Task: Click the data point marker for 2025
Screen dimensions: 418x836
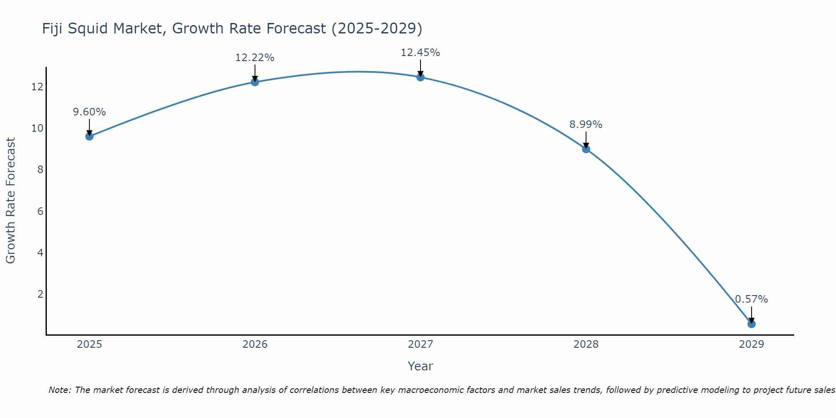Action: pos(89,136)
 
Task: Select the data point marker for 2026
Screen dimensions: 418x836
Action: pos(255,82)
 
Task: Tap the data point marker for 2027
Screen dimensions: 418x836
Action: pos(420,77)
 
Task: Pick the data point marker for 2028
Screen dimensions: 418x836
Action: pos(586,149)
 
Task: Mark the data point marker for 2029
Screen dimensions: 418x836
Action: pos(751,324)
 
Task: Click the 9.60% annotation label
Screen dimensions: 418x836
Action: pos(89,112)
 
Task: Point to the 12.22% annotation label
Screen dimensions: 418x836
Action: pos(255,58)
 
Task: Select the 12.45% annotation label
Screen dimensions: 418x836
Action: pos(420,53)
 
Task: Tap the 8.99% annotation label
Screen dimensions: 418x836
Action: pos(586,125)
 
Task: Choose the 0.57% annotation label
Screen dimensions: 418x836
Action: pos(751,299)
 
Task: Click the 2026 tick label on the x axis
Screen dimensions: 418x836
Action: pos(255,344)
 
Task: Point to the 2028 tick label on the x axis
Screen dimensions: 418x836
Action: pos(586,344)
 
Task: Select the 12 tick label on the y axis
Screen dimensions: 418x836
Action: pos(37,87)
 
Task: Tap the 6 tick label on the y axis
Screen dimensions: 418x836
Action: pos(40,212)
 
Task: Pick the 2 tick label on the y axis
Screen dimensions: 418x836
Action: pos(40,294)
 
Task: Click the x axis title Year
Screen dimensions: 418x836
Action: pos(420,366)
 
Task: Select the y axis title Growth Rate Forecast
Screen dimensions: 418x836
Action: pos(10,201)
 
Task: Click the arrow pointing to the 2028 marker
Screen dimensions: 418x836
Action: pos(586,140)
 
